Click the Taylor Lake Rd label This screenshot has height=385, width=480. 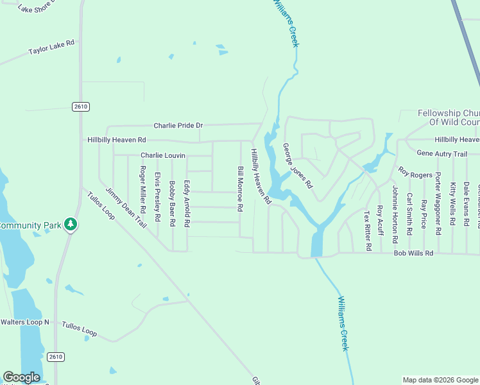(51, 47)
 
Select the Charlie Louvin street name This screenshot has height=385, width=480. (162, 155)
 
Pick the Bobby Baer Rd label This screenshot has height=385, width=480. (172, 204)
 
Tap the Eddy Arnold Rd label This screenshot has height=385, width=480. (187, 204)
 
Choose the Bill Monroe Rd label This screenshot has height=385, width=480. (241, 189)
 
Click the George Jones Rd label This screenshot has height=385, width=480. (298, 166)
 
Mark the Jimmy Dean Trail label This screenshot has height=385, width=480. (126, 207)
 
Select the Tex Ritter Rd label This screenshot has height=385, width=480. (368, 230)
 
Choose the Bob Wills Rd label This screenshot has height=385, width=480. (413, 253)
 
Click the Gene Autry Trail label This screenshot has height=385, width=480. (441, 154)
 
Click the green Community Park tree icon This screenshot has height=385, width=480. (71, 225)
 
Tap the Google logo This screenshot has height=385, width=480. (21, 377)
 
